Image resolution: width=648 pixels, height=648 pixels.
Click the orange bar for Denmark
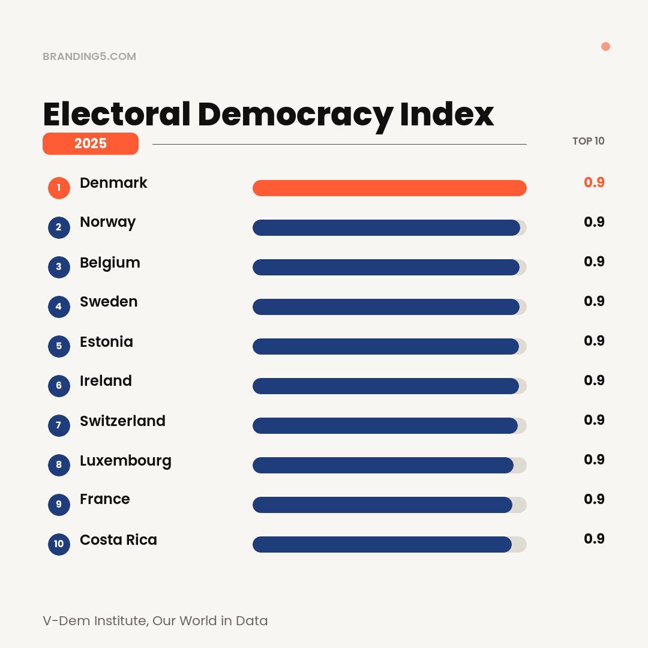389,188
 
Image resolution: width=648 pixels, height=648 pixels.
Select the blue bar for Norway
386,227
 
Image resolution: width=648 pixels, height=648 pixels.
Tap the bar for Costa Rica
382,544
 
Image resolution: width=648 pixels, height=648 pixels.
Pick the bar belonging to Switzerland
385,425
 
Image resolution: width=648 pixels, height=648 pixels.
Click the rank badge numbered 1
59,188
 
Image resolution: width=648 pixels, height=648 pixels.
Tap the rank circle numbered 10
59,544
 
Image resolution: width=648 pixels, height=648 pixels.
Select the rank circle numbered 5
59,346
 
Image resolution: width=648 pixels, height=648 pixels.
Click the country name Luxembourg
125,461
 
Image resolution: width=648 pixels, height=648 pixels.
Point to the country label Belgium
110,263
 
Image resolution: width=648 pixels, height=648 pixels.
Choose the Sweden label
109,301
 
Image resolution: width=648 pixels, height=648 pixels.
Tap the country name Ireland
106,380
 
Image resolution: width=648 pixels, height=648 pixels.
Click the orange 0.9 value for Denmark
593,182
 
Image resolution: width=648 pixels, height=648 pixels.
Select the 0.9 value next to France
593,499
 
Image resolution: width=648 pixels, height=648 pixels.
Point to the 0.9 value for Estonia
593,341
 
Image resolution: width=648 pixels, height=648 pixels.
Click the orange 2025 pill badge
91,143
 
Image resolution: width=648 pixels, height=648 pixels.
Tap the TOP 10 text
588,141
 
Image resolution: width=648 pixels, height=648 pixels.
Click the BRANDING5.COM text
89,56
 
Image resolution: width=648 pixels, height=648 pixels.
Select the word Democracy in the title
295,114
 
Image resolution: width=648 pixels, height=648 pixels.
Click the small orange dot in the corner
605,47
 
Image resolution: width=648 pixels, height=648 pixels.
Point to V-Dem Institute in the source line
95,620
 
